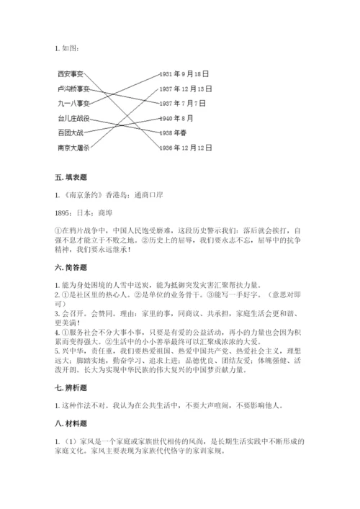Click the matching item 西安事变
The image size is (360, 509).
pyautogui.click(x=71, y=73)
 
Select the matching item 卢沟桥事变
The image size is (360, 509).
pyautogui.click(x=73, y=89)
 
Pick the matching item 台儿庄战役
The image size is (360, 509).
pyautogui.click(x=73, y=118)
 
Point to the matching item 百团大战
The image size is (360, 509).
pyautogui.click(x=71, y=132)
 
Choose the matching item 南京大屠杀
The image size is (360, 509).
pyautogui.click(x=73, y=148)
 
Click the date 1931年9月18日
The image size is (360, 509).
pyautogui.click(x=185, y=73)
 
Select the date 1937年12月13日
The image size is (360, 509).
pyautogui.click(x=187, y=89)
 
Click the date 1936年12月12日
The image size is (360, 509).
pyautogui.click(x=187, y=148)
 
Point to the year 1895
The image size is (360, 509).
pyautogui.click(x=63, y=213)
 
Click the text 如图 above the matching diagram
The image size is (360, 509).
pyautogui.click(x=70, y=48)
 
